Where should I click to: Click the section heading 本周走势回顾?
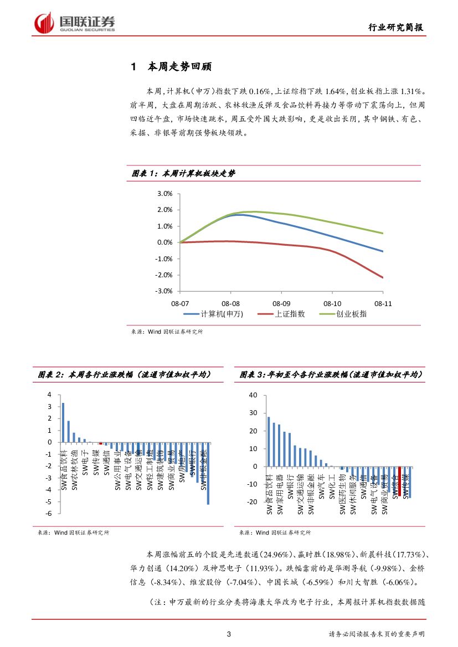click(179, 67)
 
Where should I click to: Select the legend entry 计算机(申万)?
click(213, 314)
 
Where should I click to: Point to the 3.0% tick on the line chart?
click(165, 194)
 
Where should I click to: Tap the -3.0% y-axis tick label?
click(164, 291)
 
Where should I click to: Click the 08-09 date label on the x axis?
click(281, 303)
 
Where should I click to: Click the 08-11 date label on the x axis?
click(383, 303)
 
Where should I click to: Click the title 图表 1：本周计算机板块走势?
click(183, 174)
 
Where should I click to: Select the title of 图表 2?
click(124, 375)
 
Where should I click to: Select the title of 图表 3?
click(331, 375)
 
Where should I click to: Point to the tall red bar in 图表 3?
click(399, 481)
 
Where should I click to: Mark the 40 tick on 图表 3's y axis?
click(254, 395)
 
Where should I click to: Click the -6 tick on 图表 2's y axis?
click(49, 514)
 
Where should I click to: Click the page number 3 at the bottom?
click(229, 634)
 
